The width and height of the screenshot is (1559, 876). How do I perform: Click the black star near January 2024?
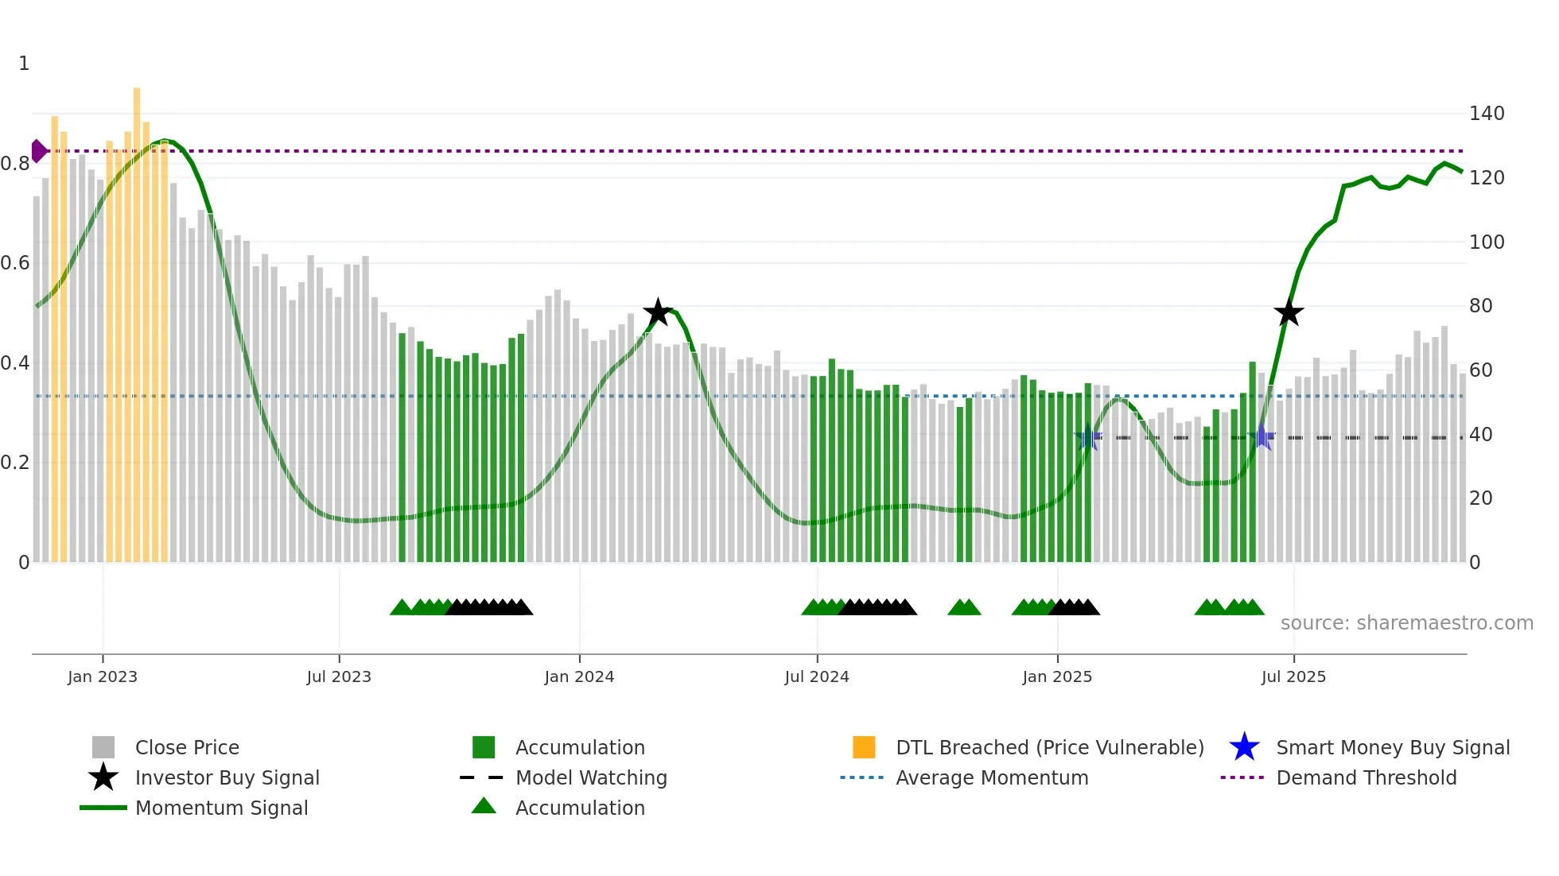[x=658, y=312]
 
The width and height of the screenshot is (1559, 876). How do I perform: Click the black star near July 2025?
[x=1289, y=312]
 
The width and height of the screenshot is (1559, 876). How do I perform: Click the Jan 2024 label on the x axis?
[x=579, y=676]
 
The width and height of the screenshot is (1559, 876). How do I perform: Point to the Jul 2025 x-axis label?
[x=1293, y=676]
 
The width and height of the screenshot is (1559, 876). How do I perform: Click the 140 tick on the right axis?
[x=1486, y=114]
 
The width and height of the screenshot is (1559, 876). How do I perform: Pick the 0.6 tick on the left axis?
[x=15, y=263]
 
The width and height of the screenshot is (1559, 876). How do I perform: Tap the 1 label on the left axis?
[x=24, y=64]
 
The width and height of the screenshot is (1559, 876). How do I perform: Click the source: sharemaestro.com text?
[x=1406, y=623]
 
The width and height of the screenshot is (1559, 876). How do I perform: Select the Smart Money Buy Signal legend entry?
[x=1392, y=747]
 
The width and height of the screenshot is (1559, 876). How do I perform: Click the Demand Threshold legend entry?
[x=1366, y=777]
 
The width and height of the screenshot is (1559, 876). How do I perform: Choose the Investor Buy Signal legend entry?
[x=227, y=777]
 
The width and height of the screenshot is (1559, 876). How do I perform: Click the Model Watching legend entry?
[x=590, y=777]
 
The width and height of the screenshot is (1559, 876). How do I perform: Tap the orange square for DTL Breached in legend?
[x=864, y=747]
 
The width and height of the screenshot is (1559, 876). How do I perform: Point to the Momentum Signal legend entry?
[x=221, y=808]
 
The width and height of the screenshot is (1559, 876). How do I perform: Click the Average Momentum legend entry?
[x=991, y=777]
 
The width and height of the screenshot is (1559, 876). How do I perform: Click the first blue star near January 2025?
[x=1088, y=437]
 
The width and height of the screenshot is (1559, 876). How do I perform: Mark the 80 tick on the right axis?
[x=1480, y=306]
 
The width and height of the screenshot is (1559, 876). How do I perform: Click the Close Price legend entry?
[x=186, y=747]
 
